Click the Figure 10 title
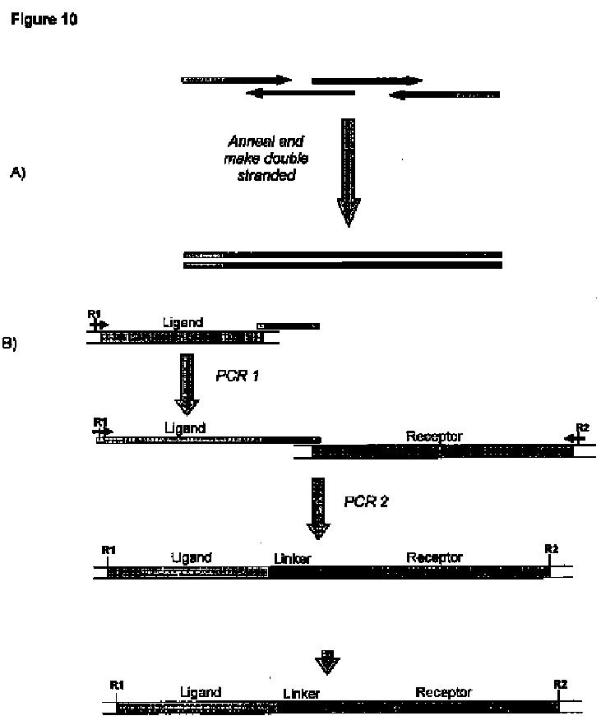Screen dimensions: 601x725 point(44,19)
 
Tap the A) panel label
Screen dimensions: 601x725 point(17,173)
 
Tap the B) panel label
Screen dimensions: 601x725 point(10,344)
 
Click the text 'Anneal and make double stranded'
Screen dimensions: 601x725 point(266,158)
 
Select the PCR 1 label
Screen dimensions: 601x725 point(237,376)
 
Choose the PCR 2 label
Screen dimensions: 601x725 point(366,501)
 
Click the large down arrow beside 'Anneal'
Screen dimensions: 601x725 point(349,173)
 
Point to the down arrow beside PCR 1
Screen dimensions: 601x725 point(187,384)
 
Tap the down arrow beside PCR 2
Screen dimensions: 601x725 point(318,508)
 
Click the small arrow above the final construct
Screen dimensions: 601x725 point(327,663)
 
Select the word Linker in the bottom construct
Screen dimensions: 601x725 point(302,693)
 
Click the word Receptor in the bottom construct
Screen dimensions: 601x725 point(443,692)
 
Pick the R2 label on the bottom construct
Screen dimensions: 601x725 point(561,684)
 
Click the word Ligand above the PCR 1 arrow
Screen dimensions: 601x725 point(183,322)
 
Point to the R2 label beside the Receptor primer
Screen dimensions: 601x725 point(583,427)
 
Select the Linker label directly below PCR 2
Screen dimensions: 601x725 point(292,559)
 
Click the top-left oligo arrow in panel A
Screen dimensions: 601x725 point(236,80)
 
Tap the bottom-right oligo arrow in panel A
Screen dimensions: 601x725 point(444,95)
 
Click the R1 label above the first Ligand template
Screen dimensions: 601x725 point(95,314)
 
